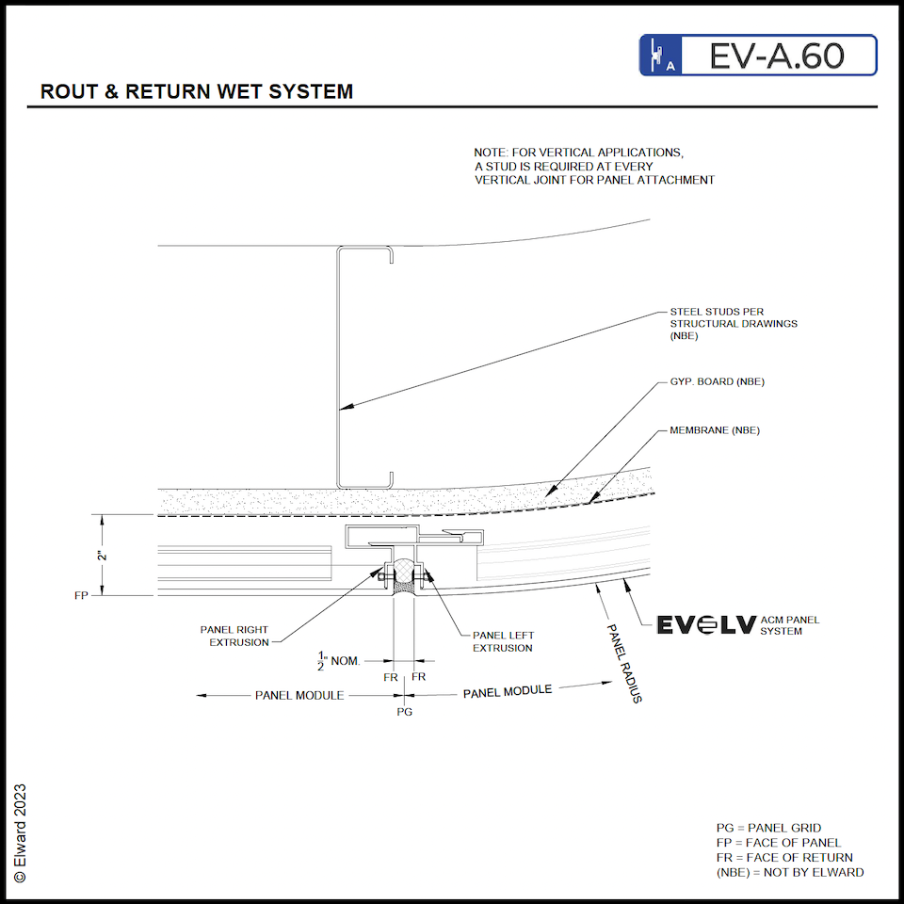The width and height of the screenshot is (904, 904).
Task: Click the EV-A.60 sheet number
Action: click(x=777, y=56)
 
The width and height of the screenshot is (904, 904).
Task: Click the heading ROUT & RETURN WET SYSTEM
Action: click(x=197, y=92)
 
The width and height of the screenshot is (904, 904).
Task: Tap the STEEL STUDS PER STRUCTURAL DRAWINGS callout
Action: click(x=733, y=323)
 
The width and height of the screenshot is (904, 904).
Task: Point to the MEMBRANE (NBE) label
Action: click(x=714, y=430)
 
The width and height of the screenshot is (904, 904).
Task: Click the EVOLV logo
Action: click(x=704, y=625)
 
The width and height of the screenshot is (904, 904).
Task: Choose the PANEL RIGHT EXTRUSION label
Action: click(x=234, y=636)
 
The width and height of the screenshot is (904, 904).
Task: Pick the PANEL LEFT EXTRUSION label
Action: click(x=503, y=641)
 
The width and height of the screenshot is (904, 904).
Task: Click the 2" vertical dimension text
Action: click(x=102, y=556)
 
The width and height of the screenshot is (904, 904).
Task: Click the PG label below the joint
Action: click(x=404, y=712)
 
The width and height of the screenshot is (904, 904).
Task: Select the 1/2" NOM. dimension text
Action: click(x=338, y=661)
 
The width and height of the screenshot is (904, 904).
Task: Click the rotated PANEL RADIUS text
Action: click(x=622, y=664)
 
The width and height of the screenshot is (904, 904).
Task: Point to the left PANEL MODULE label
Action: click(x=299, y=695)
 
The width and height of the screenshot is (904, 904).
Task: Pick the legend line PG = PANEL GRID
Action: click(x=768, y=828)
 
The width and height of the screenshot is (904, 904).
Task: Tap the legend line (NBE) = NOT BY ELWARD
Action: click(x=789, y=872)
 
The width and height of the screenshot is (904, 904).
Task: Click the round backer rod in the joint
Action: click(x=404, y=570)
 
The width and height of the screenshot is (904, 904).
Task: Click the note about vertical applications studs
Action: click(x=593, y=166)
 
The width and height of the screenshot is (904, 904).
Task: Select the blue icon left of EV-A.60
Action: click(x=660, y=56)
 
